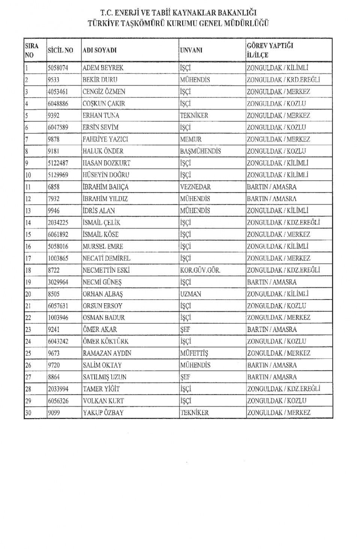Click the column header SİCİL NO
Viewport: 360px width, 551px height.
click(x=60, y=50)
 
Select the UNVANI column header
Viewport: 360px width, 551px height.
click(x=191, y=50)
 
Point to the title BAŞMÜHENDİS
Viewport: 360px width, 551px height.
click(x=200, y=151)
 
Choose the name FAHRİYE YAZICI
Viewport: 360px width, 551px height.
click(x=105, y=139)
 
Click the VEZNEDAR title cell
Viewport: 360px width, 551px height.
click(x=195, y=187)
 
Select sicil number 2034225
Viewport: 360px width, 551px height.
click(x=58, y=222)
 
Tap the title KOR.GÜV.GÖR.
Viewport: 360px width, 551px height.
click(x=200, y=270)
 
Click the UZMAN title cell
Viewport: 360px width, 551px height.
click(x=190, y=294)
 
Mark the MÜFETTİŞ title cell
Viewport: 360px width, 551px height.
click(x=194, y=353)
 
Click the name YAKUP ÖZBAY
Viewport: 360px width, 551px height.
click(x=103, y=413)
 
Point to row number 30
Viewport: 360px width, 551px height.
click(x=28, y=413)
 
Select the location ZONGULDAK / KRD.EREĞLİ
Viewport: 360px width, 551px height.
click(x=283, y=80)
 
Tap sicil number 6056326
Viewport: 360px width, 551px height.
click(x=58, y=401)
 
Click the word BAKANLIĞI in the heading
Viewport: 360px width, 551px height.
click(x=238, y=13)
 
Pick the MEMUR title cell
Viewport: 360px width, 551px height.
click(x=190, y=139)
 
